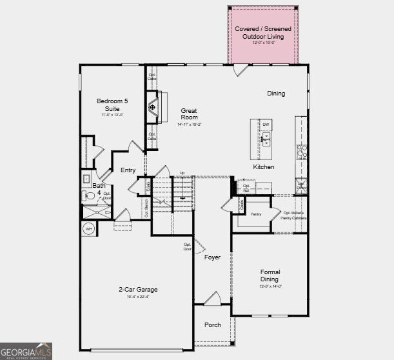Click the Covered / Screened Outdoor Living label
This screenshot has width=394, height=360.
[x=262, y=33]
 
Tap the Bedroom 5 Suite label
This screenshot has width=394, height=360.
[x=113, y=105]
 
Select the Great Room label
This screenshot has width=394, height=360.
[x=189, y=114]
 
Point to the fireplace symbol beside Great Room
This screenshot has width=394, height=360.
[x=153, y=108]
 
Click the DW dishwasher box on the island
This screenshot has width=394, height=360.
[x=265, y=125]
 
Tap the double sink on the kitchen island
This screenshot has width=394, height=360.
[x=265, y=137]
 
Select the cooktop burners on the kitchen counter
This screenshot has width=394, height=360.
[x=301, y=152]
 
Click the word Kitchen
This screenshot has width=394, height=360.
[x=263, y=167]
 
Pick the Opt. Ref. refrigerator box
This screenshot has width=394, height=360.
[x=246, y=188]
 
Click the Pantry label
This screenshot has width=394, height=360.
[x=256, y=213]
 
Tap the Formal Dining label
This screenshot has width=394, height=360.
[x=270, y=275]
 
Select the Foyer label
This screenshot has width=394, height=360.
[x=212, y=257]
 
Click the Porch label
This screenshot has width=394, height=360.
[x=212, y=325]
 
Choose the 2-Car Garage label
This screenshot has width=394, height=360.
[x=138, y=290]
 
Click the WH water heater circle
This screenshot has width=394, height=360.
[x=88, y=228]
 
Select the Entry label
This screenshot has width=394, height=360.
[x=128, y=170]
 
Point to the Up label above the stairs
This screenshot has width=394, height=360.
[x=182, y=173]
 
